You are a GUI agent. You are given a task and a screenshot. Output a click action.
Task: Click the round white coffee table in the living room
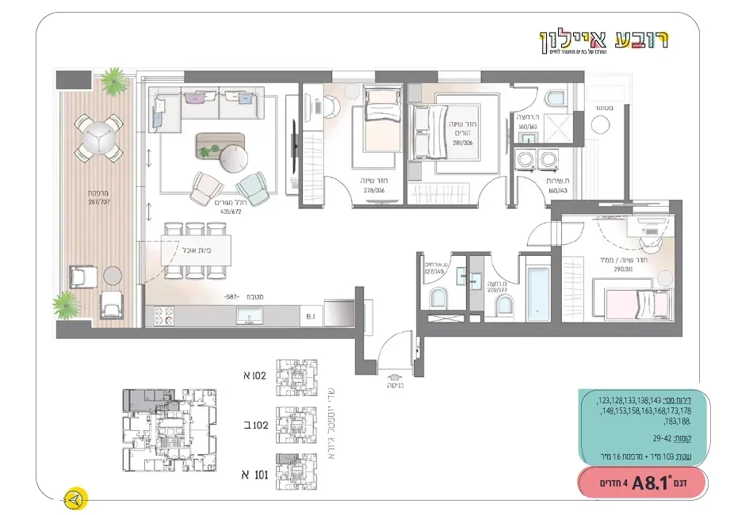235,158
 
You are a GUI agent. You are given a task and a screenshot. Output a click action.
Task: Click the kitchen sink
251,317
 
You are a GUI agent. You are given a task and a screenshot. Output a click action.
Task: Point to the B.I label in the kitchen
312,316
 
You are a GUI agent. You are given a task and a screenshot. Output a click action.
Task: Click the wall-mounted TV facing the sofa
296,143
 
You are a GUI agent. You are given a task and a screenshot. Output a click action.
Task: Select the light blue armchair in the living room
253,187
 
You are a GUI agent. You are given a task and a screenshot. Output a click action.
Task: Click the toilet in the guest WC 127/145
437,299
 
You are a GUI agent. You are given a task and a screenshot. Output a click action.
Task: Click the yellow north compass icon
76,499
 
